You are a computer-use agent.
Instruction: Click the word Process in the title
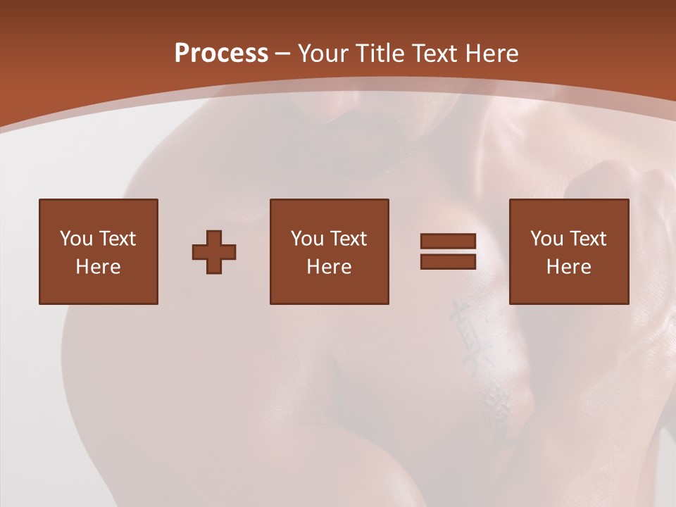pyautogui.click(x=221, y=54)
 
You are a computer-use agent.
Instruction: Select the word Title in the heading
pyautogui.click(x=380, y=54)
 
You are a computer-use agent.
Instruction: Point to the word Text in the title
pyautogui.click(x=435, y=54)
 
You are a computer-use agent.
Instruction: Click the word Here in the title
pyautogui.click(x=492, y=54)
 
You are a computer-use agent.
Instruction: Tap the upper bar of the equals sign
pyautogui.click(x=448, y=241)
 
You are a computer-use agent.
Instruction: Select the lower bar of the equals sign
pyautogui.click(x=448, y=261)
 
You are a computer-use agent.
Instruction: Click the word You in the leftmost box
pyautogui.click(x=75, y=239)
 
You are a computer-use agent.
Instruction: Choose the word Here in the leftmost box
pyautogui.click(x=98, y=267)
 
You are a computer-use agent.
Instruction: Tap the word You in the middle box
pyautogui.click(x=307, y=239)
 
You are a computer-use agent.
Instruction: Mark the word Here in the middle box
pyautogui.click(x=329, y=267)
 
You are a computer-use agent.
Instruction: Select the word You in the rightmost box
pyautogui.click(x=546, y=239)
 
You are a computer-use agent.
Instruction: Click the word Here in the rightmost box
pyautogui.click(x=568, y=267)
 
